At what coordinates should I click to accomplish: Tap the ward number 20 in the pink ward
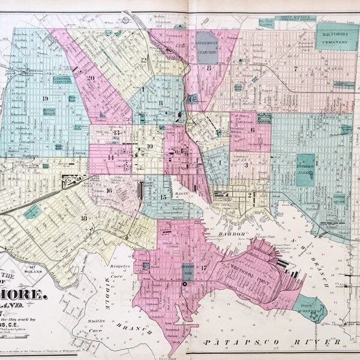[91, 77]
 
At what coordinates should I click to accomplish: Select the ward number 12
[144, 60]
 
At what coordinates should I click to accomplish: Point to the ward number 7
[296, 68]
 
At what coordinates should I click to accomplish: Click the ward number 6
[253, 130]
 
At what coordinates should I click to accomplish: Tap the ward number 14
[110, 157]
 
